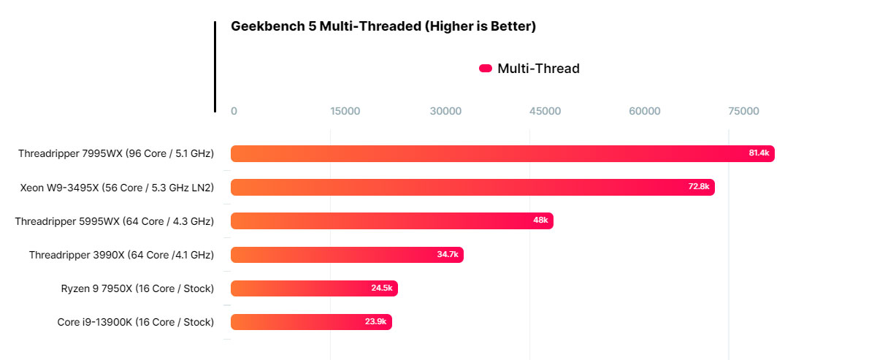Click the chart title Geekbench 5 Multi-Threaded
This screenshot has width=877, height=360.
pos(383,27)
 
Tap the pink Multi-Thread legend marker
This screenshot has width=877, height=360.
pos(486,69)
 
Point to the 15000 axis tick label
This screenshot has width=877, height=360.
pos(345,111)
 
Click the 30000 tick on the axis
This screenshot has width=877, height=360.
pos(445,111)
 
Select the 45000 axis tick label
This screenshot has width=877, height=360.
pos(545,111)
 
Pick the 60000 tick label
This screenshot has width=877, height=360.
pos(645,111)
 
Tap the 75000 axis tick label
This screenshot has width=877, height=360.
pos(744,111)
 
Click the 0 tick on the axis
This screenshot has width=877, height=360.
pos(234,111)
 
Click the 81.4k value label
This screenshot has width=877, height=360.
pos(759,153)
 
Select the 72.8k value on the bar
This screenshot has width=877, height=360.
pos(699,187)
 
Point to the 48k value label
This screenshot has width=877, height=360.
pos(540,221)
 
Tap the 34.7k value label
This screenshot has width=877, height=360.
pos(447,254)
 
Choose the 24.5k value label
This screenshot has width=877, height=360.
pos(381,288)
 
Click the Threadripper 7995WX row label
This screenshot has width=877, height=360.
pos(116,153)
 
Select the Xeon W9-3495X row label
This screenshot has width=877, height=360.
pos(117,187)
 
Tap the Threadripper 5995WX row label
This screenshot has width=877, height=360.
pos(115,221)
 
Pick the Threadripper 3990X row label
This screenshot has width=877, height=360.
pos(121,255)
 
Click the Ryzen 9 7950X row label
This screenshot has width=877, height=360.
pos(137,288)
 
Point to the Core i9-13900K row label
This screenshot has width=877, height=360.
pos(136,322)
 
